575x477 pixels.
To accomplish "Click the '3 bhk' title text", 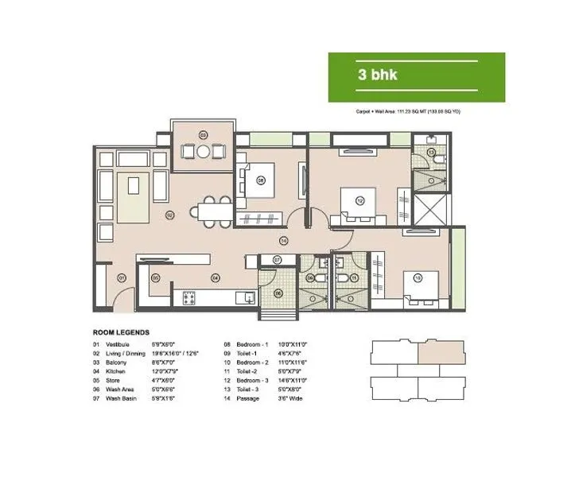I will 378,76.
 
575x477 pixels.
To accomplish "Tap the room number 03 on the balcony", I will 204,134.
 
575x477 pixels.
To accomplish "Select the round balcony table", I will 204,150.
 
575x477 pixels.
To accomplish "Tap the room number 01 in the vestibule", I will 122,277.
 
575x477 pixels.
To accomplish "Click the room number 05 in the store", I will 156,277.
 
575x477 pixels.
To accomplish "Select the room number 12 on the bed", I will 360,201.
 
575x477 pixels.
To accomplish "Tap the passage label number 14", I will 282,241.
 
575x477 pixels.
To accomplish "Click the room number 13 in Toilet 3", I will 431,151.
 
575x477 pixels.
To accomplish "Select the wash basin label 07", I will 277,260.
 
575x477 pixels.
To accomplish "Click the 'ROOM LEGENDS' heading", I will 122,332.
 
